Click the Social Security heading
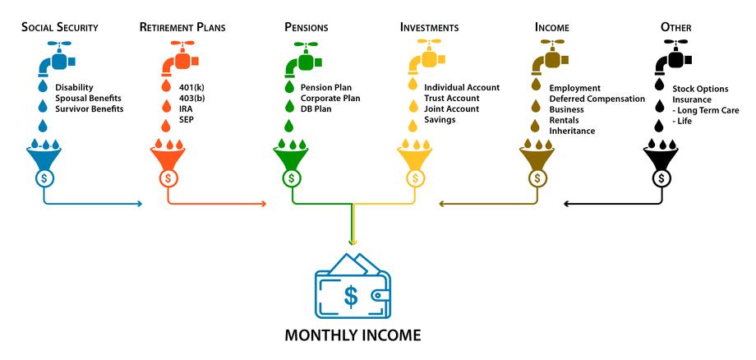(x=60, y=27)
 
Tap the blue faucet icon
(x=56, y=59)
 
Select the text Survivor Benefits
(x=90, y=109)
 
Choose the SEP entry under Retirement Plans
(x=186, y=119)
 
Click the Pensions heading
(x=307, y=27)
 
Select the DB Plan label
(x=316, y=109)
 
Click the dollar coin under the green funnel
(x=291, y=178)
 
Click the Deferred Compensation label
(x=597, y=99)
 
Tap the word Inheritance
(x=572, y=131)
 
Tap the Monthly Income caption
(x=353, y=335)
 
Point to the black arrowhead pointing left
(x=566, y=204)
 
